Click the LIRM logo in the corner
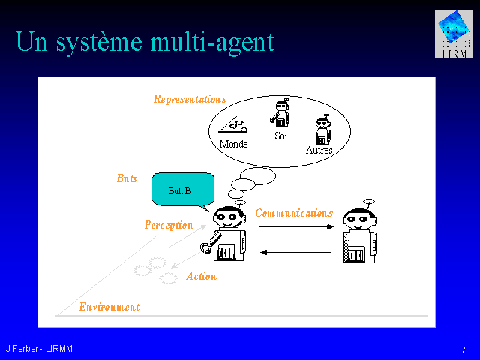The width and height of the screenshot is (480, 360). tap(454, 34)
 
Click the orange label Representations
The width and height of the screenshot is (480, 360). tap(190, 99)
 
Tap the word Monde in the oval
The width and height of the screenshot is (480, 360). tap(233, 144)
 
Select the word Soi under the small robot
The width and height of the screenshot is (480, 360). tap(281, 136)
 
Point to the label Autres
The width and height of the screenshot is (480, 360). tap(319, 150)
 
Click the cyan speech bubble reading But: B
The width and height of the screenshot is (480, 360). tap(183, 190)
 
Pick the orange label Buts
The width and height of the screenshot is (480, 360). tap(127, 178)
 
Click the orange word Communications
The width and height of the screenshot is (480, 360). tap(294, 213)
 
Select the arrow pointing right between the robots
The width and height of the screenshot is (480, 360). tap(296, 226)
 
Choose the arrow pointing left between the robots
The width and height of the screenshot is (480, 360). tap(295, 252)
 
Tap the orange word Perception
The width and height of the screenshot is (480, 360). tap(169, 226)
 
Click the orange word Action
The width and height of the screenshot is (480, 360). tap(202, 276)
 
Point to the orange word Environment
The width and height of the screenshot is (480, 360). tap(109, 307)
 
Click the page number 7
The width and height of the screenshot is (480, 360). tap(463, 349)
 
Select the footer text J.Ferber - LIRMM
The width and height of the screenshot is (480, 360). tap(39, 349)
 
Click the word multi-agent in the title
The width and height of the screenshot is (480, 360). tap(212, 42)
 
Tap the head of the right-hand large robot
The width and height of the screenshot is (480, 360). tap(360, 219)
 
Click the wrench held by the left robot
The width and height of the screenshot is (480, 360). tap(211, 242)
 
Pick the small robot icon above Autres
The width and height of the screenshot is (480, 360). tap(323, 130)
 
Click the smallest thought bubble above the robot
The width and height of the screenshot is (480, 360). tap(236, 194)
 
